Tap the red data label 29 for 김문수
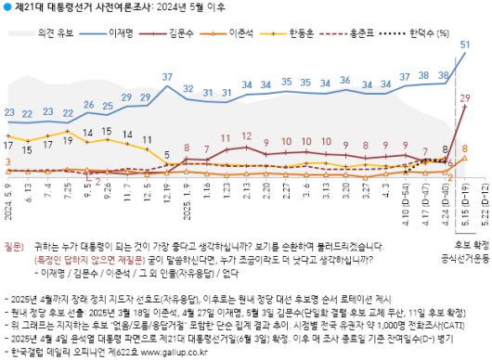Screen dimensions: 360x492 [464, 96]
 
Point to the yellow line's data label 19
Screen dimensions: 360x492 [68, 131]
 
